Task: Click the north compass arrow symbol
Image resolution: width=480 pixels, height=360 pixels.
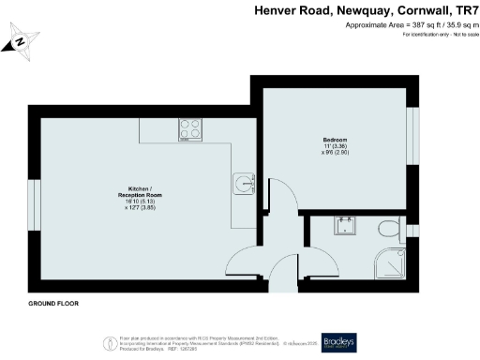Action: pos(21,42)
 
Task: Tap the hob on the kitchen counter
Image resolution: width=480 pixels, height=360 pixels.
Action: pos(189,131)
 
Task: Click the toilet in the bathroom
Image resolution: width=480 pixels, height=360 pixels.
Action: pos(385,228)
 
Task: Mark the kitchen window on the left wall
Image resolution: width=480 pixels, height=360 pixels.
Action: pos(33,202)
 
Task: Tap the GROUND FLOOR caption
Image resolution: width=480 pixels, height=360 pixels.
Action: pos(52,305)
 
